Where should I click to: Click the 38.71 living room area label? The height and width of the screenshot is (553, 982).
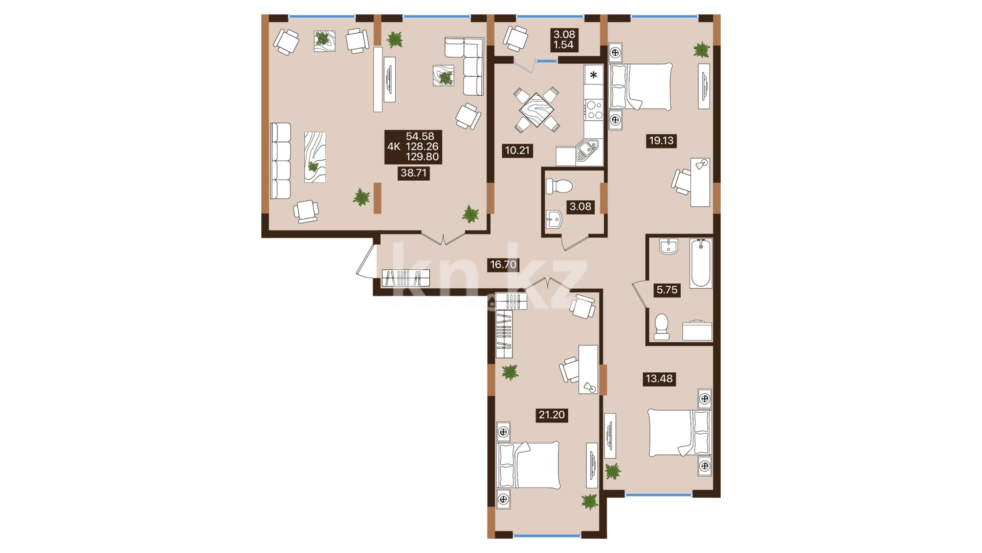pos(413,173)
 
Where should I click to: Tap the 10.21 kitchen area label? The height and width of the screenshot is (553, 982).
pos(517,151)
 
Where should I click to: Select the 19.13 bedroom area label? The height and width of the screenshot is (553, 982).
pos(661,140)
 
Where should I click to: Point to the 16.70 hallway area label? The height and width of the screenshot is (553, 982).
pos(503,265)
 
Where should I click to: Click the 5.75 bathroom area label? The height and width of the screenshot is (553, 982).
pos(667,290)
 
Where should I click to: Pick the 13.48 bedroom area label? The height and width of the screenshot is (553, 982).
pos(659,379)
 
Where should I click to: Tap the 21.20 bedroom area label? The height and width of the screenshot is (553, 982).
pos(552,415)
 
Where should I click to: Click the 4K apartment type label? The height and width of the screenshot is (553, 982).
pos(394,147)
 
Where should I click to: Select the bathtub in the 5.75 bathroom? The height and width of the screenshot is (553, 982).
pos(701,263)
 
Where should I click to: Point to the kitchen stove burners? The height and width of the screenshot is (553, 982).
pos(594,110)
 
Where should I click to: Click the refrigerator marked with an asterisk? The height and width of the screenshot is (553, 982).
pos(594,75)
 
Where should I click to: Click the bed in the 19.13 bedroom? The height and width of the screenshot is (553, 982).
pos(641,87)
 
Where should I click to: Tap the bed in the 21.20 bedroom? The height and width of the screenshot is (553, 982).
pos(528,465)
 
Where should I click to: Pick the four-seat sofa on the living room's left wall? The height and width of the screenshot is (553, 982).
pos(280,161)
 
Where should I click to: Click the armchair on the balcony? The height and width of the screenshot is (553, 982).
pos(516,38)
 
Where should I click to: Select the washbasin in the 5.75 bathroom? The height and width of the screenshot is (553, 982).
pos(668,247)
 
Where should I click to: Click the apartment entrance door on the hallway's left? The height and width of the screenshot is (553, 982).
pos(367,261)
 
